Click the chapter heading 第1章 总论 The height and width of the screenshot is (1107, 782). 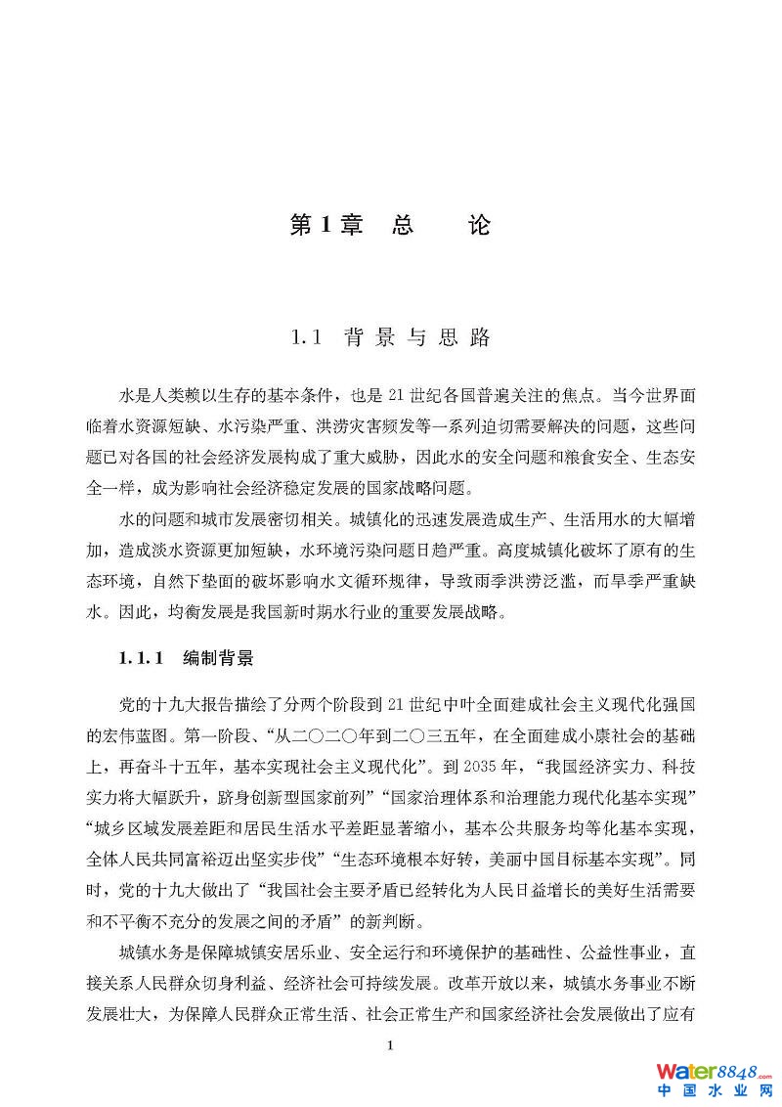pyautogui.click(x=390, y=226)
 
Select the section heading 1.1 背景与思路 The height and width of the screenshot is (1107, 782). pyautogui.click(x=390, y=338)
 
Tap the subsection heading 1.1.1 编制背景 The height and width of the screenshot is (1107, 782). pyautogui.click(x=186, y=658)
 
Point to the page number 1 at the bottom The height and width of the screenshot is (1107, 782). pyautogui.click(x=390, y=1046)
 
